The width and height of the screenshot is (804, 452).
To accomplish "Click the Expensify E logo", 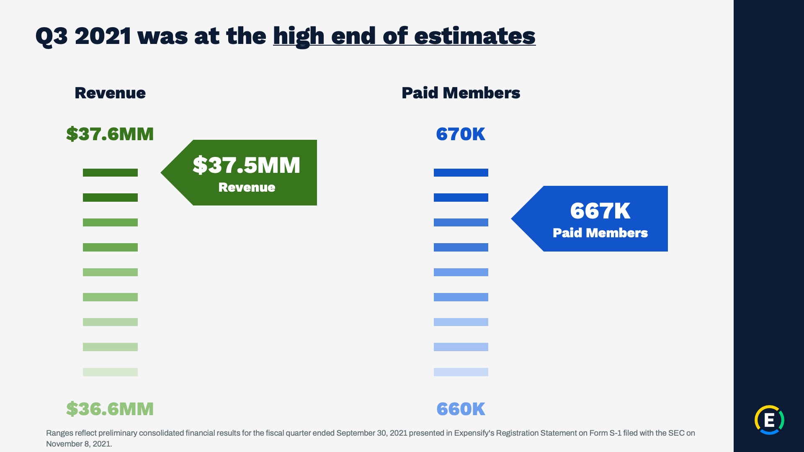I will (769, 420).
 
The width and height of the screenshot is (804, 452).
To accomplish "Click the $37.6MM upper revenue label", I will (110, 134).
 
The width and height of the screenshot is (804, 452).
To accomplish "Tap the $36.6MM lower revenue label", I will (110, 409).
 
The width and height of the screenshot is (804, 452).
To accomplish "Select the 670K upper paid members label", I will (461, 134).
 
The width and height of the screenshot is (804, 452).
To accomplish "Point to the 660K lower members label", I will (461, 409).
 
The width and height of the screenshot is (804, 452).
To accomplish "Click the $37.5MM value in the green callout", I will (247, 165).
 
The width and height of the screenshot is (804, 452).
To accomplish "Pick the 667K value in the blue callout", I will (600, 211).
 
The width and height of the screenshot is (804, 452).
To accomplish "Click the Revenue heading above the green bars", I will (110, 93).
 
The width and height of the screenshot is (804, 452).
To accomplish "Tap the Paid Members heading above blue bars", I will (461, 93).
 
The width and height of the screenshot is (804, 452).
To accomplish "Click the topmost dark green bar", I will (110, 172).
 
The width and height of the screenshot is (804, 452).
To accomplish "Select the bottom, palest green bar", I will (110, 372).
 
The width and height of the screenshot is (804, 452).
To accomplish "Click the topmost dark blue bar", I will (461, 172).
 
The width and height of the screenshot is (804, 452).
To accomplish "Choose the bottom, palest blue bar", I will (461, 372).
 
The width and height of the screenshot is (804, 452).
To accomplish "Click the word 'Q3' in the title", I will (52, 36).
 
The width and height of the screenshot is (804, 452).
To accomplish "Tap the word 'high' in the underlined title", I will (299, 36).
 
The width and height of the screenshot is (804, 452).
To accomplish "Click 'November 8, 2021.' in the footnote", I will (79, 444).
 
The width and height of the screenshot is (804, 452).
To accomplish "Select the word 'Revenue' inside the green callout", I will (247, 187).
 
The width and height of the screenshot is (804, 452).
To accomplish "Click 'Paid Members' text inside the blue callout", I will (600, 233).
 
